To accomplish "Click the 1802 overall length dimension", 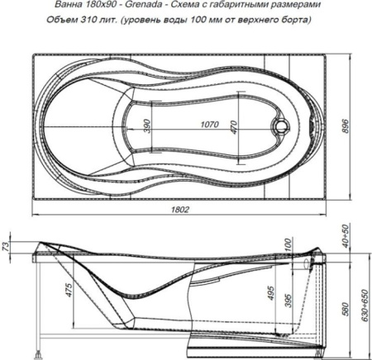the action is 180,210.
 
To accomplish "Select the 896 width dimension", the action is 345,126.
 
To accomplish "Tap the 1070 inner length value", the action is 209,125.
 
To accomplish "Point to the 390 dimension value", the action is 148,126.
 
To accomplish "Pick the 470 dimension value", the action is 234,127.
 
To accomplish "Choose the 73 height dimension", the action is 6,244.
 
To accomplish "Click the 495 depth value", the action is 271,293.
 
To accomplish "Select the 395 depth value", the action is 288,301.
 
